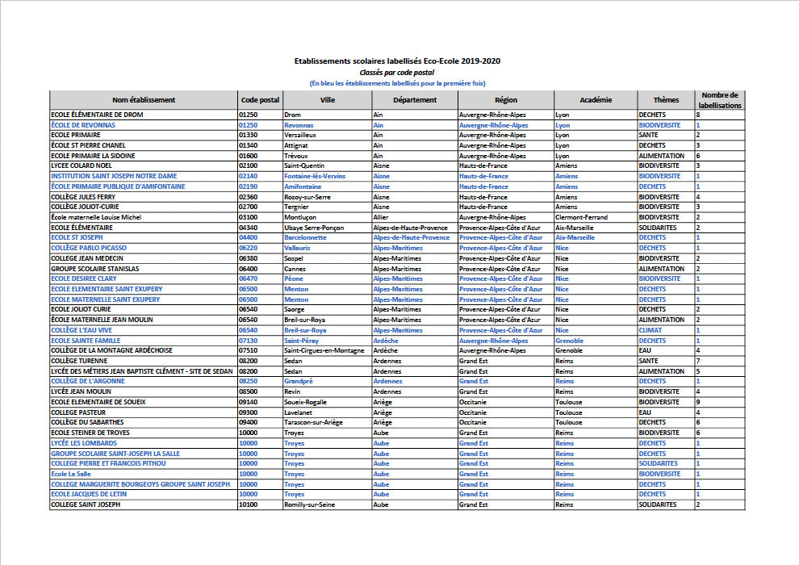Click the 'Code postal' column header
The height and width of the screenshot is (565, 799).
[260, 100]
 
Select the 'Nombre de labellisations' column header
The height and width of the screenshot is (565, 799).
[719, 100]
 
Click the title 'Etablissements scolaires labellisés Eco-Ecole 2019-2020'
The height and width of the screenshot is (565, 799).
[397, 61]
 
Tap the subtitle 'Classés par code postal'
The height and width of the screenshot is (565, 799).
[397, 72]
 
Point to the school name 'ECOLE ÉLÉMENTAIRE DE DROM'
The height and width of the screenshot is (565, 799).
[97, 115]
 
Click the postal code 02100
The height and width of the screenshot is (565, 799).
[249, 166]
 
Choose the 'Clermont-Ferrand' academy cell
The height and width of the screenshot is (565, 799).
[582, 217]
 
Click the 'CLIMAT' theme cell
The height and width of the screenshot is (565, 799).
[650, 330]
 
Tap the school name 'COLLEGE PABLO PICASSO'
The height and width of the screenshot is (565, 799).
[89, 248]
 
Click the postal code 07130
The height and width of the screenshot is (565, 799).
[249, 341]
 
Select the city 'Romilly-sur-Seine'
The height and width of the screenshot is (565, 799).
[310, 504]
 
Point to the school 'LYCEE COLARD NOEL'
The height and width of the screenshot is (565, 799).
[82, 166]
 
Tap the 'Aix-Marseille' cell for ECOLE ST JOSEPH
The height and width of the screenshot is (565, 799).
[575, 238]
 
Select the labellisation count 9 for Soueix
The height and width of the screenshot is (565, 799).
[698, 402]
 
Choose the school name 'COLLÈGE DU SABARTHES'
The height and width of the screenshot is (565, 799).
[87, 422]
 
